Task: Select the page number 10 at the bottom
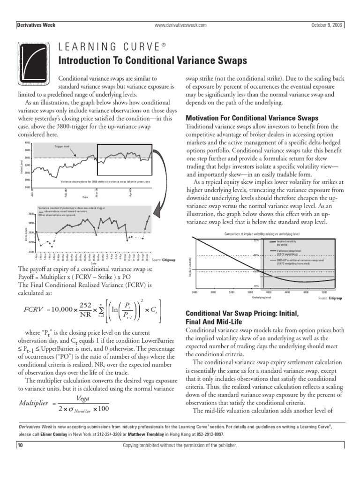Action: (x=20, y=445)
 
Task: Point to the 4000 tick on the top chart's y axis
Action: (x=27, y=142)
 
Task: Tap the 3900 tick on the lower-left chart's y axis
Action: (x=31, y=214)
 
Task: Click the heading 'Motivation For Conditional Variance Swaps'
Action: (x=252, y=118)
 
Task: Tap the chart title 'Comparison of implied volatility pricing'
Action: (x=262, y=233)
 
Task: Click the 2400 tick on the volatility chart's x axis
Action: (x=195, y=292)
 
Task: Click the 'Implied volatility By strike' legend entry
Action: (x=288, y=243)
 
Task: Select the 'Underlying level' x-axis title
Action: (x=262, y=297)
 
